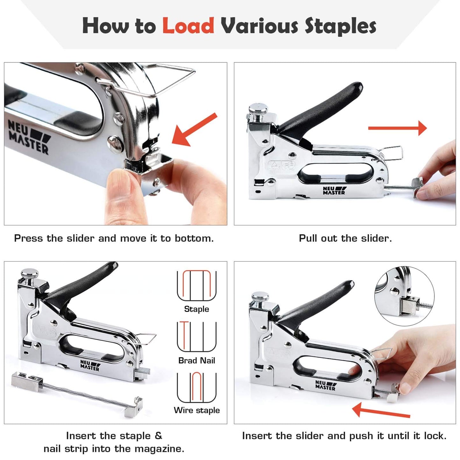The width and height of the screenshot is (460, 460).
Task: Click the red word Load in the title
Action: (x=188, y=26)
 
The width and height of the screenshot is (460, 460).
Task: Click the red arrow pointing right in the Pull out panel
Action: (x=398, y=128)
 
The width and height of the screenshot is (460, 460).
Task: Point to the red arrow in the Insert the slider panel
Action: (x=381, y=411)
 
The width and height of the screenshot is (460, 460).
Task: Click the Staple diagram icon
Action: (x=197, y=286)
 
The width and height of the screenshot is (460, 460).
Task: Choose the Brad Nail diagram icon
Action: (x=197, y=336)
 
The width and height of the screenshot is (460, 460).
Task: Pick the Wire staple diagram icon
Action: (x=197, y=387)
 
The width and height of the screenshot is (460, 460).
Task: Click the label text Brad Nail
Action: (x=197, y=360)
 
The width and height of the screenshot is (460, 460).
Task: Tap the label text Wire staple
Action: (x=197, y=410)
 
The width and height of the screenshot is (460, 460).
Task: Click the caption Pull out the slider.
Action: (x=345, y=238)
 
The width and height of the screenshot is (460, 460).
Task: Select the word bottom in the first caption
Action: (x=194, y=238)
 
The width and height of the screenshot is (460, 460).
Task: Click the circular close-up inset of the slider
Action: (x=404, y=296)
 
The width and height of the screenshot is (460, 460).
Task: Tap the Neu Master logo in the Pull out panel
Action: (x=334, y=190)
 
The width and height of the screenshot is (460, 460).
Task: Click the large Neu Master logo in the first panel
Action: (x=29, y=137)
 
